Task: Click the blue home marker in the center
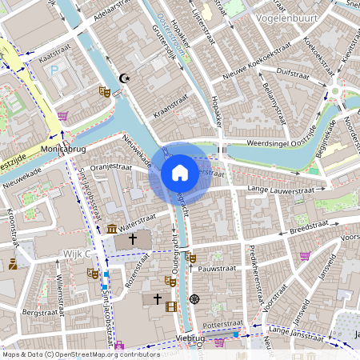coord(180,173)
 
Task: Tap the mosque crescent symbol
coord(123,78)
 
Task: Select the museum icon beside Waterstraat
coord(111,230)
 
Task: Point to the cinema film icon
coord(170,305)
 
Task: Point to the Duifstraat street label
coord(291,73)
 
